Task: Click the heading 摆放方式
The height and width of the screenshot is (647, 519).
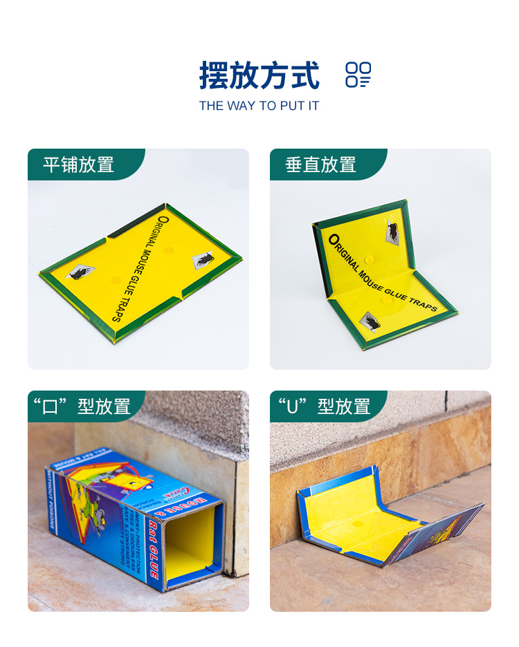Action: pyautogui.click(x=259, y=75)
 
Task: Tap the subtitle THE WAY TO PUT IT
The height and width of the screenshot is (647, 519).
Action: pyautogui.click(x=259, y=106)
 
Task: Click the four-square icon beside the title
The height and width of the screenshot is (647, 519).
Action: pyautogui.click(x=358, y=75)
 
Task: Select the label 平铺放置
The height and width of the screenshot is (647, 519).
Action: pyautogui.click(x=78, y=165)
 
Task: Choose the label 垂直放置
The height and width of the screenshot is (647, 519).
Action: pyautogui.click(x=320, y=165)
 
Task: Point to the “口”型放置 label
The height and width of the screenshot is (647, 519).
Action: pyautogui.click(x=80, y=406)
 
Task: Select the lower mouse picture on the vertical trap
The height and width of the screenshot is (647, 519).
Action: pyautogui.click(x=370, y=322)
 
